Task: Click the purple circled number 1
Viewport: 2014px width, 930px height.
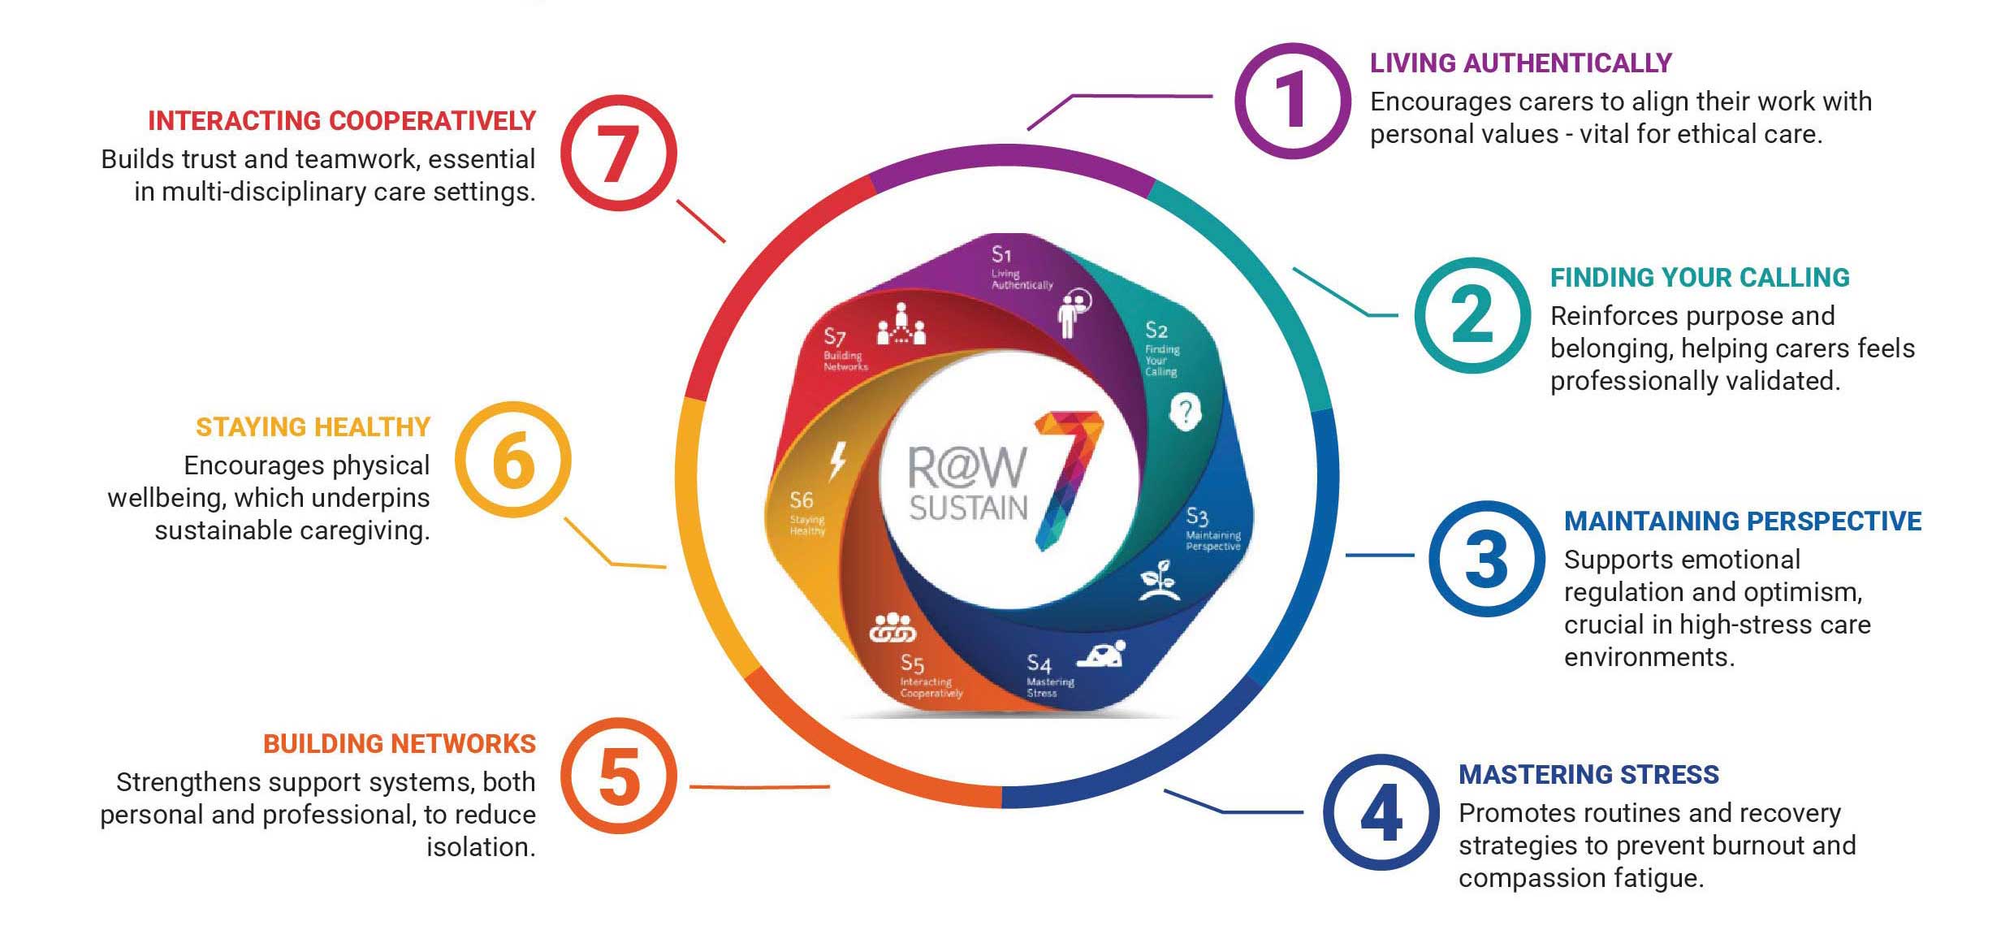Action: [x=1292, y=101]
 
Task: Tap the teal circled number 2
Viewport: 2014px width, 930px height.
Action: [x=1472, y=315]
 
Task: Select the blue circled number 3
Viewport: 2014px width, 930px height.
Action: [x=1486, y=559]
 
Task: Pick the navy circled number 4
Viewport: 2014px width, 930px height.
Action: [x=1381, y=812]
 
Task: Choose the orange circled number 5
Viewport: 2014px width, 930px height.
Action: [x=619, y=776]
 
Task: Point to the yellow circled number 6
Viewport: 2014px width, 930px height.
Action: [x=512, y=460]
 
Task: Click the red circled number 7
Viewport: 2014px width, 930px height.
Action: [x=619, y=153]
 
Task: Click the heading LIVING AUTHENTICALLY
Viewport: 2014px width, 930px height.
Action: [x=1520, y=63]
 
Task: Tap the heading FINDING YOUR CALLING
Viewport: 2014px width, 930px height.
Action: [x=1699, y=277]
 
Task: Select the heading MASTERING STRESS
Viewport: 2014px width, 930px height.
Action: [x=1588, y=774]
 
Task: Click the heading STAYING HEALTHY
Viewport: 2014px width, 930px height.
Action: [x=313, y=426]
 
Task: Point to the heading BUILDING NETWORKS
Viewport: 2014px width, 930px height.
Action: [x=399, y=743]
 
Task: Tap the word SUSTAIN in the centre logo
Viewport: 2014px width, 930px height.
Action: [x=968, y=508]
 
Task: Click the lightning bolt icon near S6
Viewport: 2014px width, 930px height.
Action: [x=836, y=461]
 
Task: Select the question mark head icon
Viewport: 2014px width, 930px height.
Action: [x=1185, y=413]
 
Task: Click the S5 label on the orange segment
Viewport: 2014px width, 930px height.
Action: [x=912, y=664]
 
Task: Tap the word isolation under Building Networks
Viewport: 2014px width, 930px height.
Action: [x=481, y=846]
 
